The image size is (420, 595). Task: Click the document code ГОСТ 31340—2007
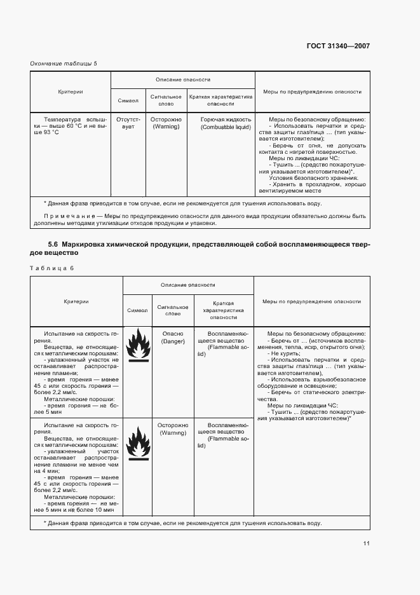339,46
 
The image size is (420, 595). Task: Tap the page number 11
367,543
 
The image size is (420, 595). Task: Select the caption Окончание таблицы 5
64,63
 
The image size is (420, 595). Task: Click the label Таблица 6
52,268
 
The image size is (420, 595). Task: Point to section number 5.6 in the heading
53,245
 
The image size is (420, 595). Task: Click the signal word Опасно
173,334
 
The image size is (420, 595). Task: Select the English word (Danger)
173,341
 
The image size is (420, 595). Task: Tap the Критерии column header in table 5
70,92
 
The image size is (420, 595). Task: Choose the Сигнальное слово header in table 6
173,310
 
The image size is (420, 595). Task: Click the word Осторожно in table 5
166,120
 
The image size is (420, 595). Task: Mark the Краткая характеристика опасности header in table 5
220,100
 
